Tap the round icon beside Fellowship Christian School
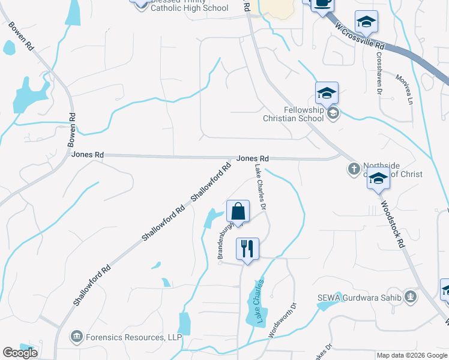coord(333,113)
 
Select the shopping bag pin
coord(238,212)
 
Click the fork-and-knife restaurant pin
coord(248,249)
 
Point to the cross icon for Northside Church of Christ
coord(354,169)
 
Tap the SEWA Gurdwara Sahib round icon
coord(411,296)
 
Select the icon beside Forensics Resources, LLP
coord(77,337)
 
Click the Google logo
coord(20,353)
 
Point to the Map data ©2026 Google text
coord(412,355)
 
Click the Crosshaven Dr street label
coord(379,72)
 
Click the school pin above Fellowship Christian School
coord(327,93)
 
